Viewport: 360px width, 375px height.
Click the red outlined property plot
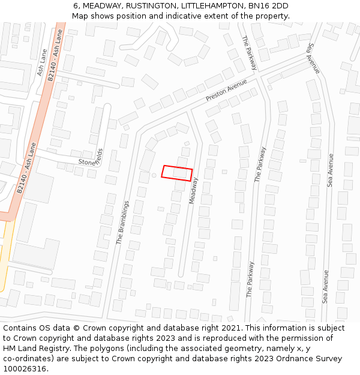[177, 173]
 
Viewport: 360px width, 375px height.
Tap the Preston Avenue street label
[226, 90]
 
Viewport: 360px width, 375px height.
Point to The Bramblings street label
[122, 223]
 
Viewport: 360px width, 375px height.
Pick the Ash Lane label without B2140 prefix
[41, 62]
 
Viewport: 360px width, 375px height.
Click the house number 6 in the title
[76, 6]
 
